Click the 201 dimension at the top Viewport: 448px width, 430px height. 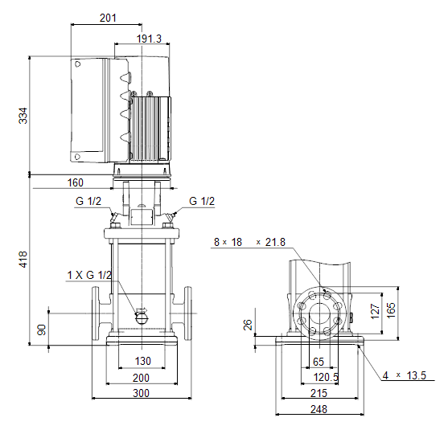pos(108,18)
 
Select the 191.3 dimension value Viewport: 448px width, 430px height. pos(149,39)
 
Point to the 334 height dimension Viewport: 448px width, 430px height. pos(23,116)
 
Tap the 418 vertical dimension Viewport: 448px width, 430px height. pos(23,260)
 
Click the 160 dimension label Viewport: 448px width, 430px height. pos(76,182)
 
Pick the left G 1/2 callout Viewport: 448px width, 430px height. pos(88,201)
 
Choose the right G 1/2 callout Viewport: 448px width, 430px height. pos(202,201)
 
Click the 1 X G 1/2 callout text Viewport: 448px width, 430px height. pos(89,275)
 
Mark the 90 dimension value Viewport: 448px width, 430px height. pos(42,330)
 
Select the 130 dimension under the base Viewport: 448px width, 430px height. pos(142,361)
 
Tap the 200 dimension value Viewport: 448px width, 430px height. pos(141,378)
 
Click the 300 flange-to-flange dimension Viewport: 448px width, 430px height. pos(141,394)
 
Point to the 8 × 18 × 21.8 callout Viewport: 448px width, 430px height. pos(249,242)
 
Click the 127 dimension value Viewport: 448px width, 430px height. pos(375,311)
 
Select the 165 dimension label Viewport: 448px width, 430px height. pos(391,309)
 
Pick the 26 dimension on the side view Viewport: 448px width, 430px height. pos(248,325)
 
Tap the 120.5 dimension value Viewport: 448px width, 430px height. pos(326,378)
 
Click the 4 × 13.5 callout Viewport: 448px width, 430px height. pos(405,376)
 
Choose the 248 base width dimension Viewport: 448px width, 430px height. pos(319,409)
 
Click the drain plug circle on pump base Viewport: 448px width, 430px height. pos(141,317)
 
